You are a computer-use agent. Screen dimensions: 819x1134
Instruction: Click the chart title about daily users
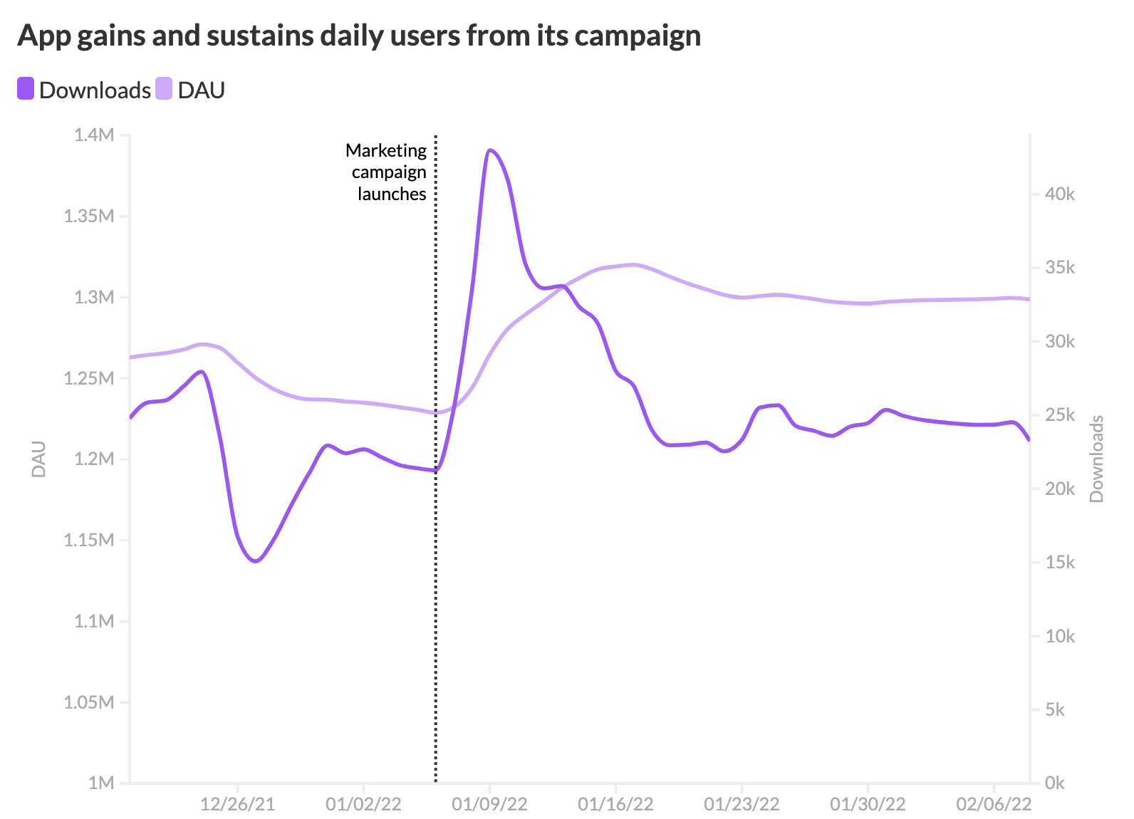click(x=359, y=36)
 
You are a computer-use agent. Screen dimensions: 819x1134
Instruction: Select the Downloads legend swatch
click(x=26, y=90)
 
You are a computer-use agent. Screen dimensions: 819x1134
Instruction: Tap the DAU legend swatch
click(x=164, y=90)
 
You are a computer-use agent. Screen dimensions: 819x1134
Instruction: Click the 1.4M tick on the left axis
click(x=93, y=135)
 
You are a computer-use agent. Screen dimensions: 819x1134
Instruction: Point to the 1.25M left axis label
click(x=88, y=378)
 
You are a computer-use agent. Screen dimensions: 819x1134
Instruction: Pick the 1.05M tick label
click(x=88, y=702)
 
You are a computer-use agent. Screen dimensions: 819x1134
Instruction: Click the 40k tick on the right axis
click(x=1059, y=194)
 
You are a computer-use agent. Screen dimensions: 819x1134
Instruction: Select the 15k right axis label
click(x=1059, y=563)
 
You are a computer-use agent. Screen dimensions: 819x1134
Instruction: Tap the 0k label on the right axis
click(x=1054, y=783)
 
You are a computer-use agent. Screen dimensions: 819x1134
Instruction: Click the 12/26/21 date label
click(x=237, y=805)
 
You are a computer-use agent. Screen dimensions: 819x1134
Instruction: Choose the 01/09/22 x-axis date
click(x=489, y=805)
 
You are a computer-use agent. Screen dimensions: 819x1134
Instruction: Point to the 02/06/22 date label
click(x=994, y=805)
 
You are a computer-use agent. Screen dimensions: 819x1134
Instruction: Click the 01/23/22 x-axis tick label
click(x=742, y=805)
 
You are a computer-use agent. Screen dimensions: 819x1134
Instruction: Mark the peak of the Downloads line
click(x=490, y=150)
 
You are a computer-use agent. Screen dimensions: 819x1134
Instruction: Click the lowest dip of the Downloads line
click(x=255, y=561)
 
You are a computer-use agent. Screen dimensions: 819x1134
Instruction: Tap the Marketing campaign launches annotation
click(x=387, y=172)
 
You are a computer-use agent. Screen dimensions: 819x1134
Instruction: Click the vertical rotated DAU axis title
click(x=39, y=459)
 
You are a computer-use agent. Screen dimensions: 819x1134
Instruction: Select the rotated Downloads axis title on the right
click(x=1096, y=459)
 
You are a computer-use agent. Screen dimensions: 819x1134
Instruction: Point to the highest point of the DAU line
click(x=633, y=264)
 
